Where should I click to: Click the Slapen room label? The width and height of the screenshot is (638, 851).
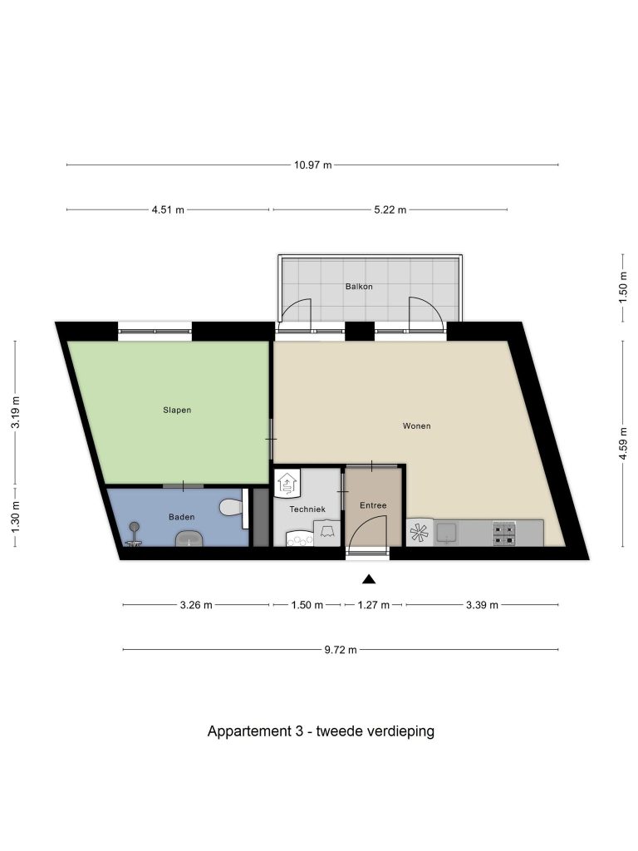pos(177,410)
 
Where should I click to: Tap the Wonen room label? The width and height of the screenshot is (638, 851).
pos(417,426)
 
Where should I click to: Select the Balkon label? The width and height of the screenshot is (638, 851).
pos(359,287)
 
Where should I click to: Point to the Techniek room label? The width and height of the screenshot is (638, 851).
pos(307,509)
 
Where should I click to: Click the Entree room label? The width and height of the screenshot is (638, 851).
pos(373,505)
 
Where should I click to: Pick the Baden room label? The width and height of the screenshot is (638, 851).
pos(181,517)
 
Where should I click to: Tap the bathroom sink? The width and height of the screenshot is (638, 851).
pos(189,539)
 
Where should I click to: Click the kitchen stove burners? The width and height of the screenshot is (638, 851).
pos(503,534)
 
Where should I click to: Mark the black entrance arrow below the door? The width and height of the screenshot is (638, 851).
pos(369,579)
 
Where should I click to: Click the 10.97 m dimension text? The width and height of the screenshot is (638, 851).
pos(313,165)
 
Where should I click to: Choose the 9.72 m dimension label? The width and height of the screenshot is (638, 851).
pos(341,650)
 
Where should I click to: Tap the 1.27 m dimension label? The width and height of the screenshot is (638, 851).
pos(373,605)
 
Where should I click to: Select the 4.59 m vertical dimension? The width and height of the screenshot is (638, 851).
pos(623,444)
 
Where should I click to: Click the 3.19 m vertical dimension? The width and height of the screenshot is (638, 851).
pos(16,412)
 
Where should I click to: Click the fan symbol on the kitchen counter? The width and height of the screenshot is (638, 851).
pos(420,533)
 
